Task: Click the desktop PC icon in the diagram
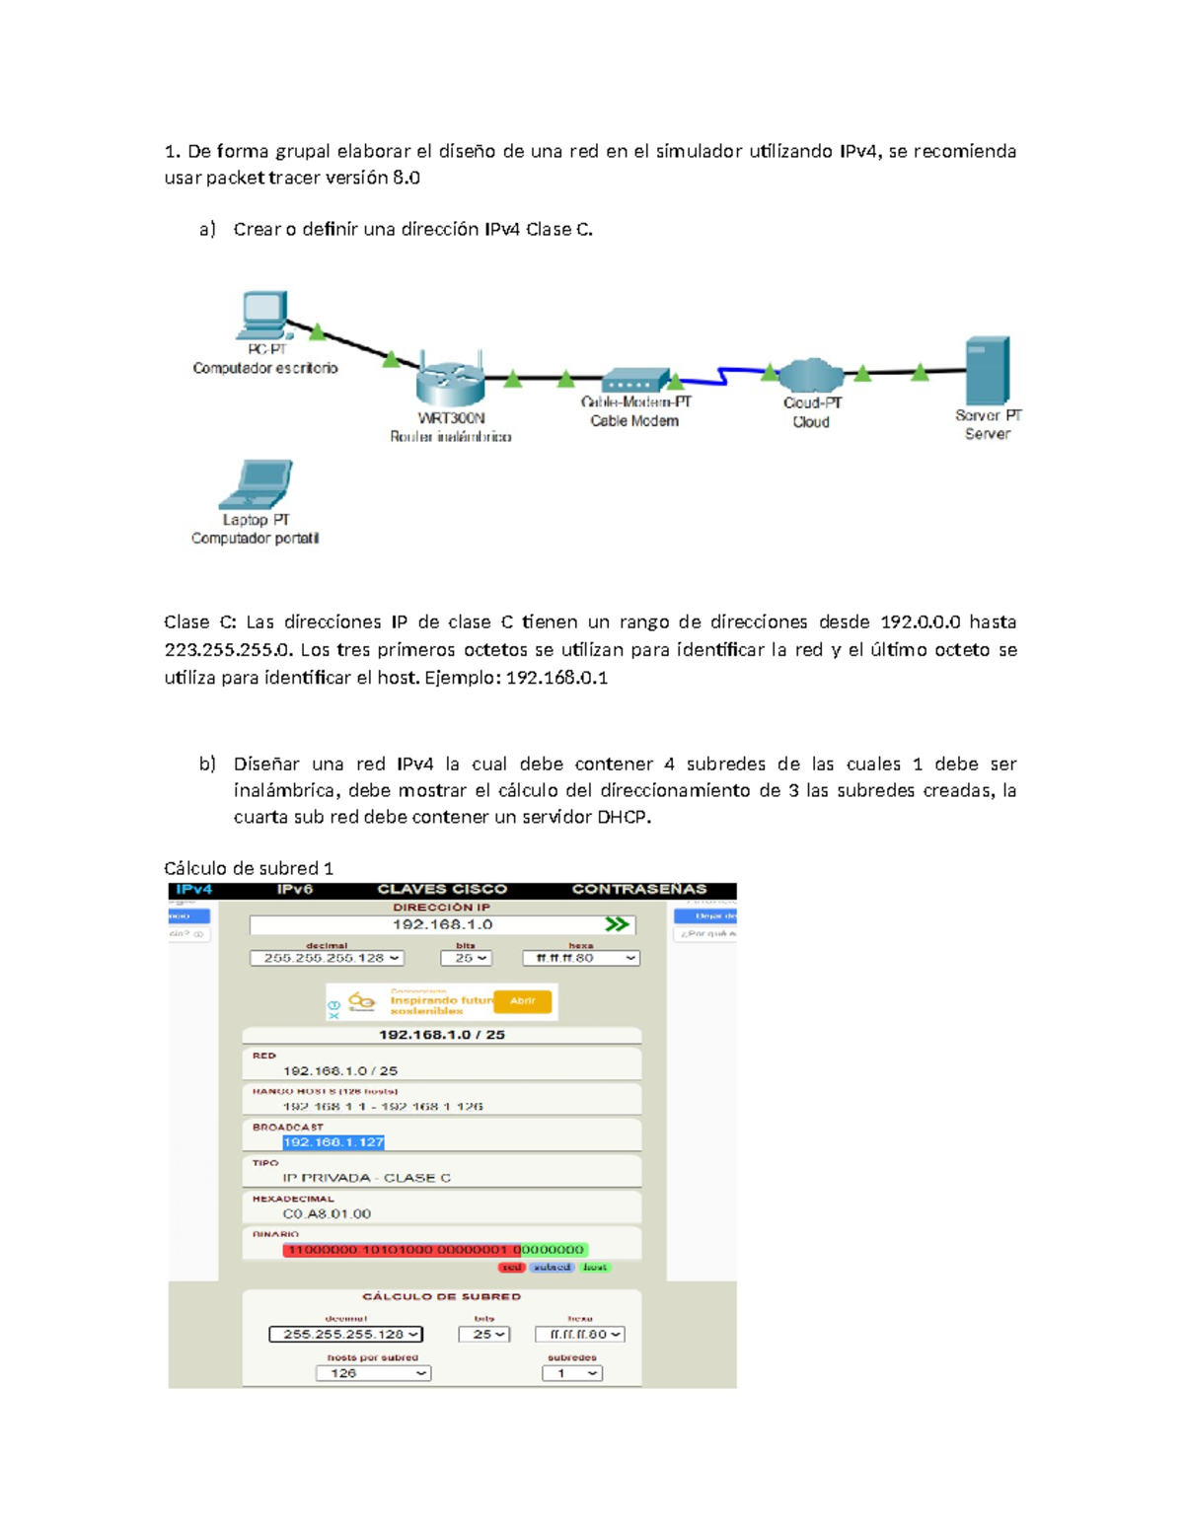coord(263,315)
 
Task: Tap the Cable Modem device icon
coord(635,381)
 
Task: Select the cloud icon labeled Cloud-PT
coord(810,376)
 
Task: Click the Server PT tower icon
coord(987,370)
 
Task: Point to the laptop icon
coord(257,484)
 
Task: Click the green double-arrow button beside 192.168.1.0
coord(617,924)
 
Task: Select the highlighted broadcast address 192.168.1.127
coord(333,1142)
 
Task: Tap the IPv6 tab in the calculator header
coord(294,890)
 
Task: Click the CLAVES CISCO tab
coord(442,890)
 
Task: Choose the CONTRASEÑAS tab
coord(639,890)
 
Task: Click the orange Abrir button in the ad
coord(522,1001)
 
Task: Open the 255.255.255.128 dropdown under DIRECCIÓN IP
coord(328,958)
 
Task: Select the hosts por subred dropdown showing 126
coord(373,1373)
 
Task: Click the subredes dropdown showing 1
coord(572,1373)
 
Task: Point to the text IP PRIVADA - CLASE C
coord(366,1178)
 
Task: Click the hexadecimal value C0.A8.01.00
coord(327,1214)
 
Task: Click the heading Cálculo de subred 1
coord(249,868)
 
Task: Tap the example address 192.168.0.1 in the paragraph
coord(556,678)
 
